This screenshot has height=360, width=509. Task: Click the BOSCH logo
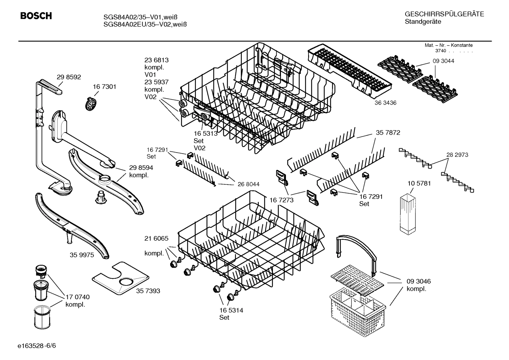tap(36, 16)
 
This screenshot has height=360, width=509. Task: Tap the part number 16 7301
tap(104, 87)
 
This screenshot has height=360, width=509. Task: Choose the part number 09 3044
tap(443, 61)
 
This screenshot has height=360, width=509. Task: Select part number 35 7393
tap(148, 291)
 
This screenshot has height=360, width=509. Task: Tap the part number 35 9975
tap(82, 255)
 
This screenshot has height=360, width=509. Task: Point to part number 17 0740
tap(78, 297)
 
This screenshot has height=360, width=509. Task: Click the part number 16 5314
tap(231, 310)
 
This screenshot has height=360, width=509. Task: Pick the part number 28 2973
tap(457, 155)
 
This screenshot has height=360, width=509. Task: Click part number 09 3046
tap(419, 281)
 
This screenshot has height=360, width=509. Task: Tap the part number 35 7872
tap(388, 132)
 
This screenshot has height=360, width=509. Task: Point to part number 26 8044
tap(248, 184)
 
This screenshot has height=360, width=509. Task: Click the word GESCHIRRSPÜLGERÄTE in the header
tap(444, 14)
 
